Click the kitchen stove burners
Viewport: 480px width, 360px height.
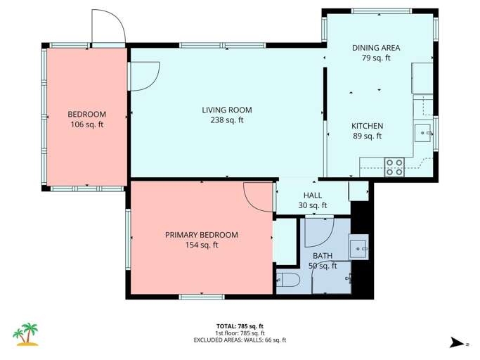pyautogui.click(x=394, y=167)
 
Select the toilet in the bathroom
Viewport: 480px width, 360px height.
pyautogui.click(x=289, y=281)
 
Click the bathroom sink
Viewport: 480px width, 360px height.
pyautogui.click(x=358, y=247)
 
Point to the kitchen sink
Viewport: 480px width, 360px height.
pyautogui.click(x=423, y=130)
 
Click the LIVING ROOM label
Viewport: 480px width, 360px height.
pyautogui.click(x=226, y=110)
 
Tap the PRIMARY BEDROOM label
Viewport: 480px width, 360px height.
pyautogui.click(x=201, y=235)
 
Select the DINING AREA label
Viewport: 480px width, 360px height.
pyautogui.click(x=376, y=48)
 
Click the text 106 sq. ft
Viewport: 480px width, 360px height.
pyautogui.click(x=86, y=124)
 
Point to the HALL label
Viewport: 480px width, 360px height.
pyautogui.click(x=313, y=195)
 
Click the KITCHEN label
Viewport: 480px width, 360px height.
pyautogui.click(x=367, y=126)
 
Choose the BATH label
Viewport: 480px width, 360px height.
pyautogui.click(x=323, y=256)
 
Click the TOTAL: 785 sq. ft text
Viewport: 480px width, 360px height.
pyautogui.click(x=240, y=326)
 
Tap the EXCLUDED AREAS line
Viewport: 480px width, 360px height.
pyautogui.click(x=240, y=340)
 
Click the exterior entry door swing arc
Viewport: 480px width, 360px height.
pyautogui.click(x=110, y=28)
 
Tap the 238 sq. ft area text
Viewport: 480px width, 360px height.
pyautogui.click(x=226, y=120)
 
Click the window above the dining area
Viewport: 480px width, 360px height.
pyautogui.click(x=381, y=11)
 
